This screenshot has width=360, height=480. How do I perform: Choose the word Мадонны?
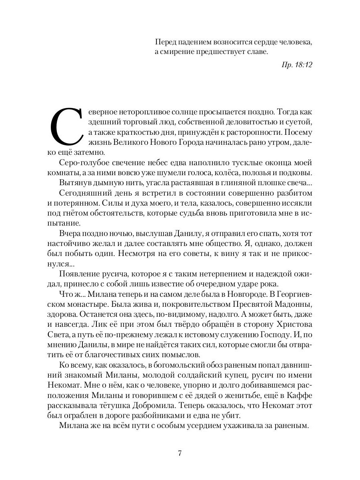294,304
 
